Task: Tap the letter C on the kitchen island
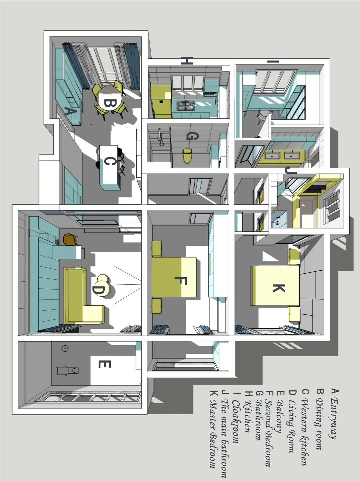click(109, 162)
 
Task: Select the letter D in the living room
click(99, 290)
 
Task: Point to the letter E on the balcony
click(105, 364)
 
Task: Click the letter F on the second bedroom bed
click(181, 281)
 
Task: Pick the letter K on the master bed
click(278, 288)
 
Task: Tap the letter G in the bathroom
click(192, 136)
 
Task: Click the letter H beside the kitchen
click(187, 61)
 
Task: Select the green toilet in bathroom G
click(187, 156)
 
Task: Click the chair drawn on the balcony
click(68, 370)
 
